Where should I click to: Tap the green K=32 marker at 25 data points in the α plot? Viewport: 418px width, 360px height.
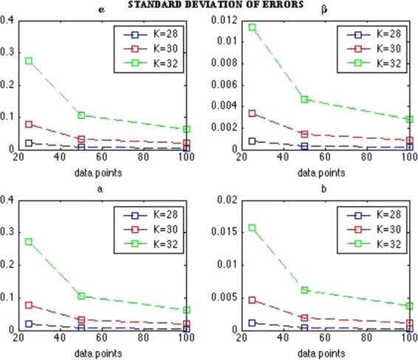tap(29, 61)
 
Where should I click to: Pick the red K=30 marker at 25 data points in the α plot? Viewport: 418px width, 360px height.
tap(29, 124)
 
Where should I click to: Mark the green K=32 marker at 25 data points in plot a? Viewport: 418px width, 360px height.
tap(29, 242)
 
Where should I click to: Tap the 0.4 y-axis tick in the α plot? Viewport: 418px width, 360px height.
tap(7, 20)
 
